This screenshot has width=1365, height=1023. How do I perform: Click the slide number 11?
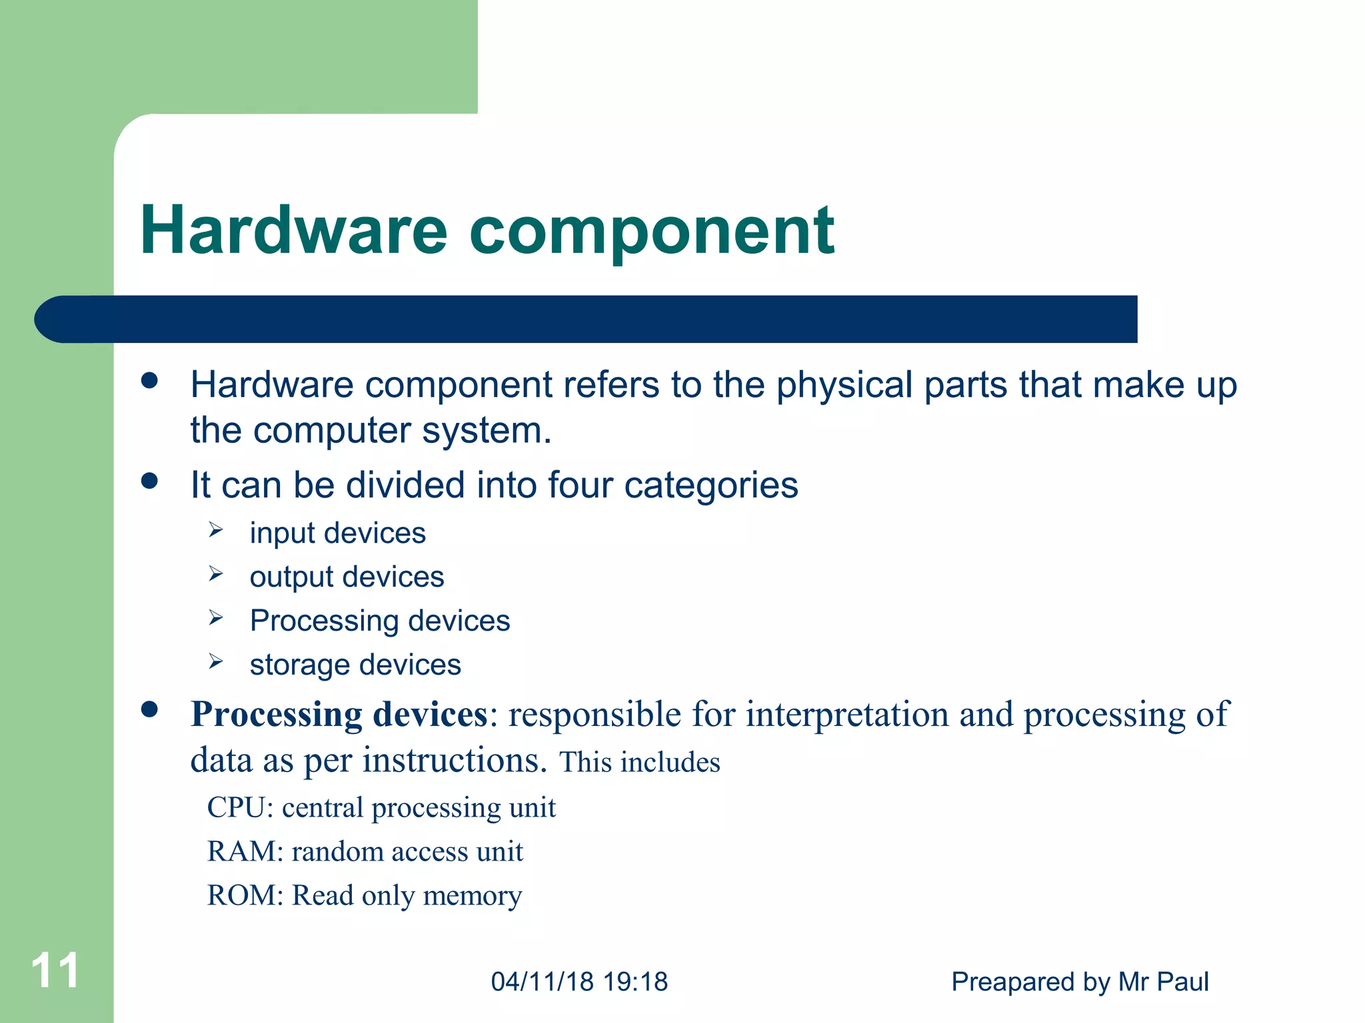coord(55,970)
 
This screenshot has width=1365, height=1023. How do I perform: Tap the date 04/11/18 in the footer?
coord(542,982)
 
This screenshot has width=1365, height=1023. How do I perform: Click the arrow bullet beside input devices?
coord(215,530)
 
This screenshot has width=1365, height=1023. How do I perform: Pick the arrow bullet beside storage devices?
coord(215,661)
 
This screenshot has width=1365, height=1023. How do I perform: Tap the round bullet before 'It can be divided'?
coord(149,481)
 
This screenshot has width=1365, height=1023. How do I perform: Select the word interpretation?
coord(846,715)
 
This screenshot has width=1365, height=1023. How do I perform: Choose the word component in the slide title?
coord(651,231)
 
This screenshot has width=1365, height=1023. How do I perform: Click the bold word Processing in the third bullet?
coord(276,715)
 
